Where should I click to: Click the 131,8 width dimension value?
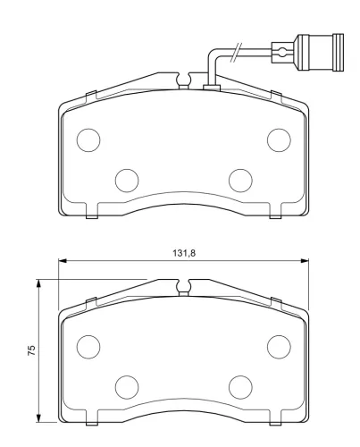coord(184,253)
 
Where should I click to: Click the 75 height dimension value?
coord(31,350)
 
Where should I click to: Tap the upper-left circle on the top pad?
coord(88,140)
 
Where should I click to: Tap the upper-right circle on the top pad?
coord(279,140)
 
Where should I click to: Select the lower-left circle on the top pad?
coord(127,181)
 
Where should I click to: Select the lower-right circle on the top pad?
coord(240,181)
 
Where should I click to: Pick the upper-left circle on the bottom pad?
coord(88,347)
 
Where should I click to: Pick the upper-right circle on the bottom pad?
coord(279,347)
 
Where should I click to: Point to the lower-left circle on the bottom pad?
coord(127,387)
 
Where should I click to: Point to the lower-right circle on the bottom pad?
coord(240,387)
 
